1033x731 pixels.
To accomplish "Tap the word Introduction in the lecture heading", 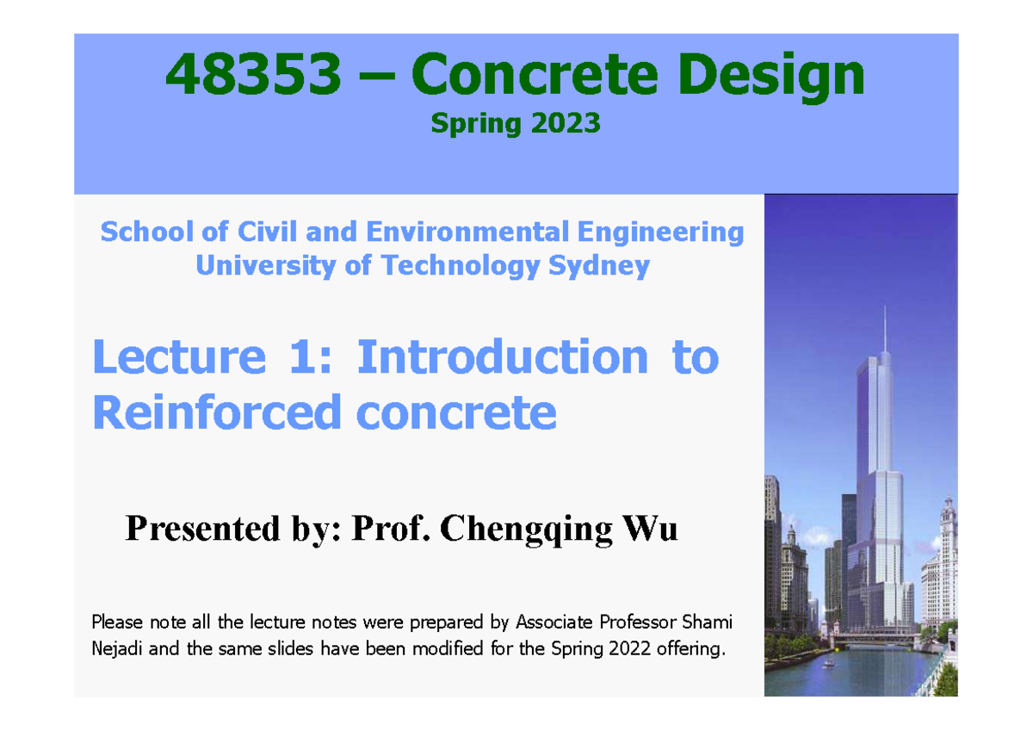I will point(502,356).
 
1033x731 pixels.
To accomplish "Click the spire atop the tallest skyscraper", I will point(884,331).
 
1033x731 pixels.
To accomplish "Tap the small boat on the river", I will point(828,663).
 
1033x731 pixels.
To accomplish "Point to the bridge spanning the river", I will point(869,639).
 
